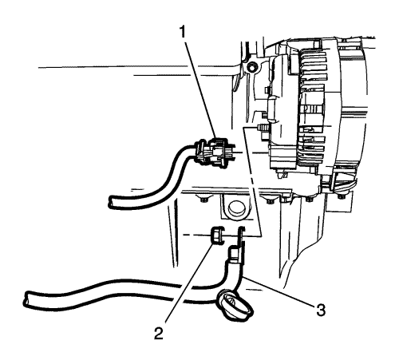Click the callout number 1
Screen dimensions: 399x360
[183, 33]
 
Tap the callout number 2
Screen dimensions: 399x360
[159, 334]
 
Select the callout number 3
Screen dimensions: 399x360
[321, 310]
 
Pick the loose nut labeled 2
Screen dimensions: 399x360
[217, 234]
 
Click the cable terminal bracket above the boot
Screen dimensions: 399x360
[237, 247]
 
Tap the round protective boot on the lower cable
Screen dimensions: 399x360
[235, 306]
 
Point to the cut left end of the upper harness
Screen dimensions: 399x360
[112, 201]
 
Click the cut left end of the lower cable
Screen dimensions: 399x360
[27, 299]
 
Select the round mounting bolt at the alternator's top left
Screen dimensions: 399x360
[251, 67]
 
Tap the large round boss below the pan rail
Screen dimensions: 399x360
[235, 208]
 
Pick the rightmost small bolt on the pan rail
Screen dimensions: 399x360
[341, 196]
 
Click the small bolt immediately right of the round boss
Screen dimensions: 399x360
[270, 201]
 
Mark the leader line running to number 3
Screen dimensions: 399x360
[280, 291]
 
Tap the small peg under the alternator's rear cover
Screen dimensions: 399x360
[280, 175]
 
